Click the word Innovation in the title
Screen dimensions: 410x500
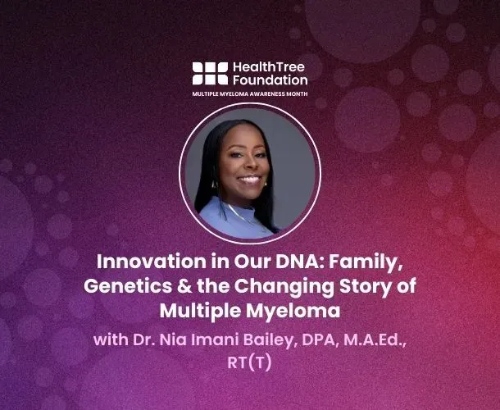pyautogui.click(x=141, y=263)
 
